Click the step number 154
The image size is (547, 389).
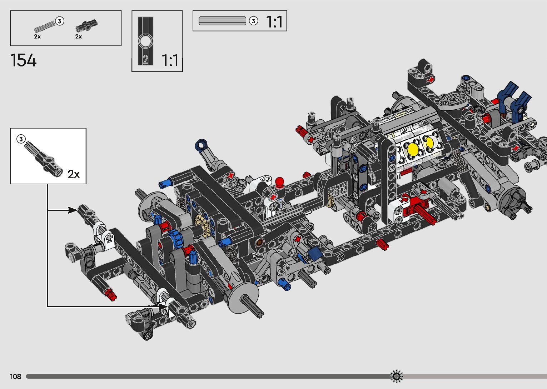(x=23, y=60)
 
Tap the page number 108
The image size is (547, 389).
(x=15, y=376)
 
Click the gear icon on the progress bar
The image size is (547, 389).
(x=396, y=376)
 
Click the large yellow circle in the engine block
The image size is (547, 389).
(x=413, y=149)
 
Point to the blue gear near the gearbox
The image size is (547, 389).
(x=176, y=238)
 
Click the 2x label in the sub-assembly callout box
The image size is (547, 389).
(x=74, y=174)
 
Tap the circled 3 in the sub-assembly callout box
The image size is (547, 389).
(x=21, y=139)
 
